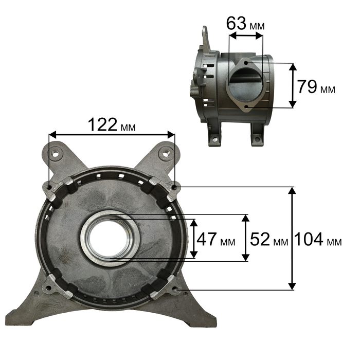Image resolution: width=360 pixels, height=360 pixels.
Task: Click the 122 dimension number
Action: coord(102,124)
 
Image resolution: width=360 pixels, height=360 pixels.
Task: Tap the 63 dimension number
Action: coord(236,23)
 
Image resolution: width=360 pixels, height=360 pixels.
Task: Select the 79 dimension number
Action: coord(307,87)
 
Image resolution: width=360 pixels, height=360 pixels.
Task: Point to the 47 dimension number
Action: coord(207,239)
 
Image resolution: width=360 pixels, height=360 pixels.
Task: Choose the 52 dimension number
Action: coord(260,239)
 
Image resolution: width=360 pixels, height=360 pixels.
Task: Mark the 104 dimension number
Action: coord(309,239)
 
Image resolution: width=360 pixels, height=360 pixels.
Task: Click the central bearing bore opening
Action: coord(109,239)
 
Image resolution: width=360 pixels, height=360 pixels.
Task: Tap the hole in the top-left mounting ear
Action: coord(55,153)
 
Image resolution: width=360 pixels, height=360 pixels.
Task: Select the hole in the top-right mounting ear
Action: coord(166,153)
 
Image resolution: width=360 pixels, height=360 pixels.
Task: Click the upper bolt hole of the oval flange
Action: coord(246,62)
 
